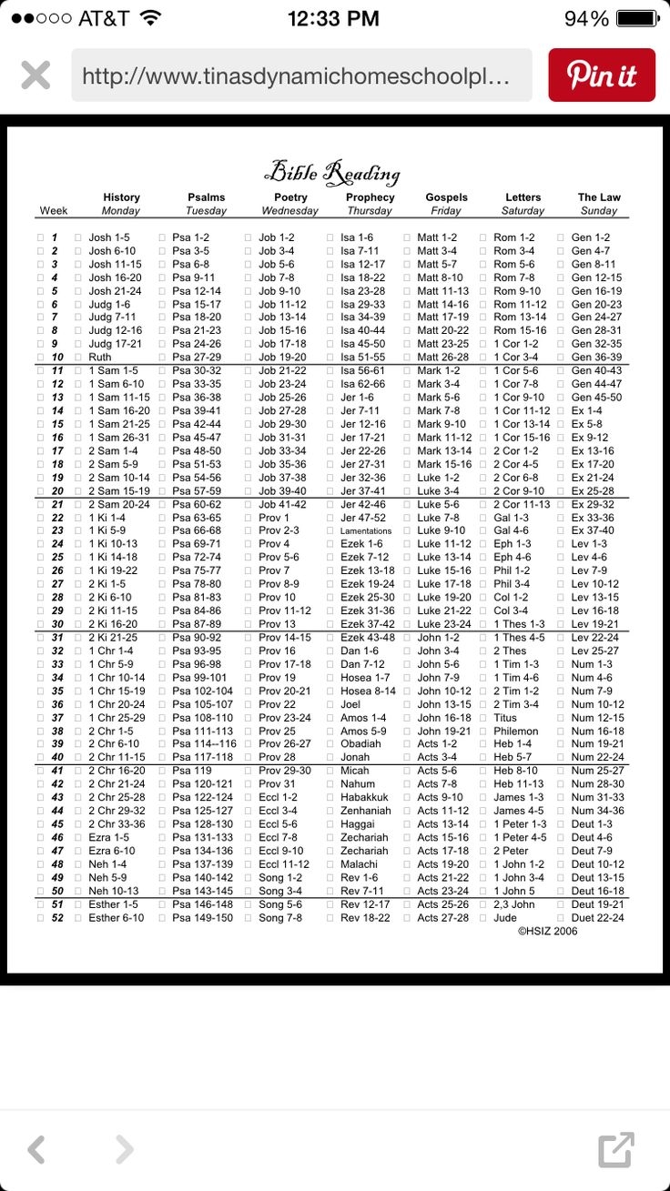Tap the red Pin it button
click(x=601, y=75)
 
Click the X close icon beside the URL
click(x=36, y=75)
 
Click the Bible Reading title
click(x=331, y=172)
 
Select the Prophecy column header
click(x=370, y=197)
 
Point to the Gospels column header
click(x=446, y=197)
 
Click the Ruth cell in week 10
click(x=100, y=358)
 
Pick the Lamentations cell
click(x=366, y=530)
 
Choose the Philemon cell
click(x=516, y=731)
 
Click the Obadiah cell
click(x=362, y=744)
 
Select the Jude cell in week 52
click(x=505, y=918)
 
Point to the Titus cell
click(x=505, y=718)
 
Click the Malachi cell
click(x=360, y=864)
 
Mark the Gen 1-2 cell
click(x=591, y=237)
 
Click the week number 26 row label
click(x=57, y=570)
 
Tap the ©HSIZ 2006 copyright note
click(x=548, y=932)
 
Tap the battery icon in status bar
click(x=637, y=18)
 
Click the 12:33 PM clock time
click(x=334, y=18)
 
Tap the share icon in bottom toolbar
click(x=615, y=1149)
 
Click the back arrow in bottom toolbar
click(x=36, y=1149)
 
